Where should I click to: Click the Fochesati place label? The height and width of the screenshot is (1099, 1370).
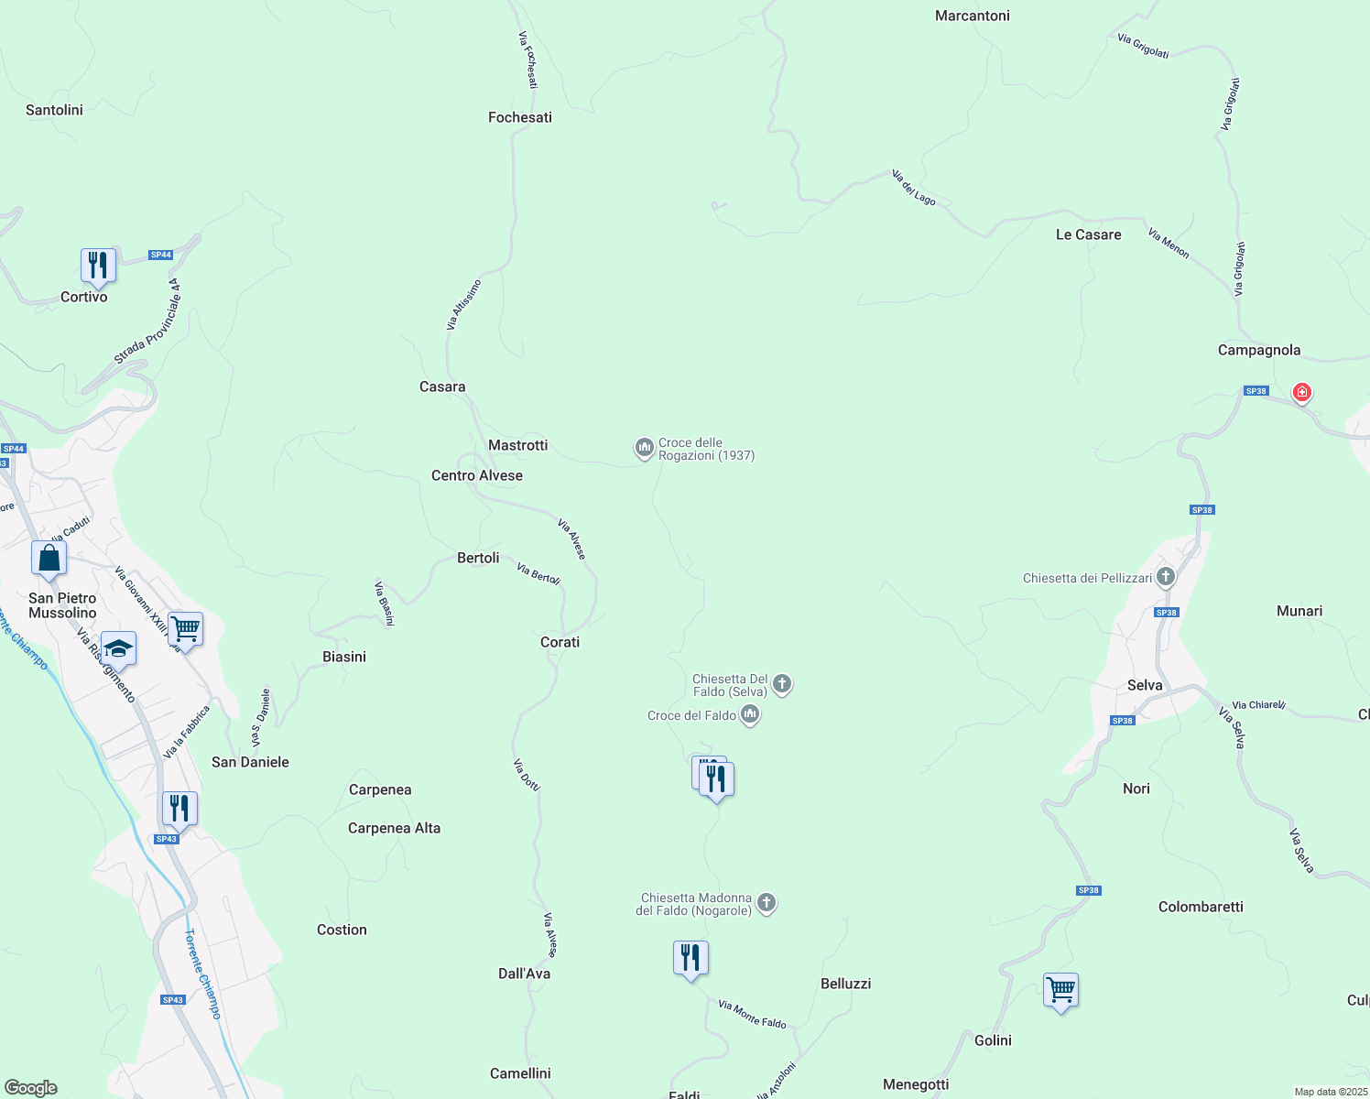520,117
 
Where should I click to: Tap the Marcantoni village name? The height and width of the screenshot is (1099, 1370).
973,16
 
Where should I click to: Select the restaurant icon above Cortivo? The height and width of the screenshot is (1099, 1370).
98,266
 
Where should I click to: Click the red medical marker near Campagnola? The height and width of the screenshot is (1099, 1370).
1301,393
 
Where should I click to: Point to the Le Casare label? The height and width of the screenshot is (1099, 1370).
1088,234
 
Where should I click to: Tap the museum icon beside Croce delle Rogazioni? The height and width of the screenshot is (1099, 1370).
645,448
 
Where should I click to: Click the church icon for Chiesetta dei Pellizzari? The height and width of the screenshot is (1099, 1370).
1166,577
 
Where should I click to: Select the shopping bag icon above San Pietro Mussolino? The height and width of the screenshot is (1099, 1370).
49,558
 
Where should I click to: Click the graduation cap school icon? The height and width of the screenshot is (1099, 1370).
118,649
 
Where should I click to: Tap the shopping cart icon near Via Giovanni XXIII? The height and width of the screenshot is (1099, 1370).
186,629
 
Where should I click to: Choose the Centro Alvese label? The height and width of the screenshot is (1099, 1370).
477,475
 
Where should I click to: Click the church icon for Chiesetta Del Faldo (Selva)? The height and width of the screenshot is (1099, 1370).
782,683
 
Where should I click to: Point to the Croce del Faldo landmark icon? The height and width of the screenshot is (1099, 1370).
750,714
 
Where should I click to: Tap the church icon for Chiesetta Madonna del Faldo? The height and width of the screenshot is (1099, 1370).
767,903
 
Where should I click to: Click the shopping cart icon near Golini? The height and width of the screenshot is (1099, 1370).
1060,989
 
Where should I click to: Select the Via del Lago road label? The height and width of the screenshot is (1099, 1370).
914,187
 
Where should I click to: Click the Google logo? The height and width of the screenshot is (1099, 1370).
31,1088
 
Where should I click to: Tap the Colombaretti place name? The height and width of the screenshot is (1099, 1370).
1201,907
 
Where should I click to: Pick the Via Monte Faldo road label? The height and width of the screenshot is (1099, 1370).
752,1014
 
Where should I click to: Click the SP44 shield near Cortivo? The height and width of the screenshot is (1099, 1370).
161,255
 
